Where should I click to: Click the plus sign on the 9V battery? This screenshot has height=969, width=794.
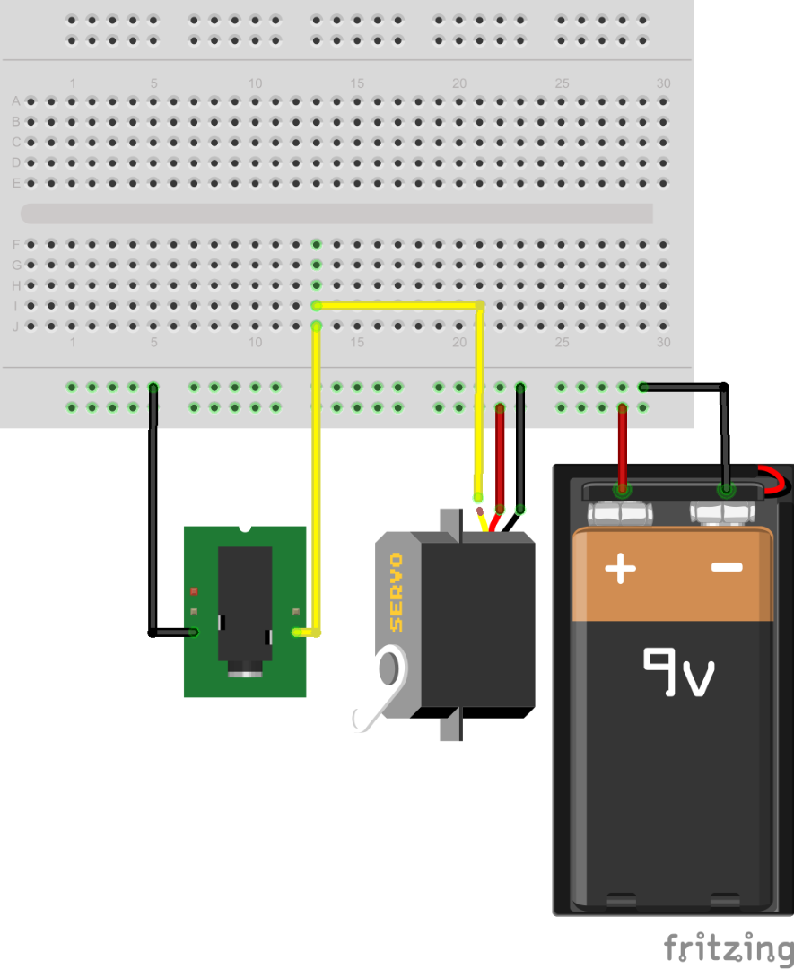click(x=620, y=568)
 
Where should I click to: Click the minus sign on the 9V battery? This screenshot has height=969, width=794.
click(x=727, y=566)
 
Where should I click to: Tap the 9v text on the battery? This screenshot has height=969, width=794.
click(x=678, y=673)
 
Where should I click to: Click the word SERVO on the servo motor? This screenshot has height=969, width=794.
click(x=396, y=591)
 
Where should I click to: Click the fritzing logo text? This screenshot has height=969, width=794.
click(x=728, y=947)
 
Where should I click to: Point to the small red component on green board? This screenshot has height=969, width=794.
click(x=194, y=591)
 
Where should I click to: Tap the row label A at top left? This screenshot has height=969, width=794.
click(x=15, y=101)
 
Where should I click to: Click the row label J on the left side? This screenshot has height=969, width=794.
click(x=15, y=327)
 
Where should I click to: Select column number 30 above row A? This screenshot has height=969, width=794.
click(x=663, y=83)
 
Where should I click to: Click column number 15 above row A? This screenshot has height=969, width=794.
click(x=357, y=83)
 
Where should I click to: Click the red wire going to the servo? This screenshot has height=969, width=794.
click(x=500, y=458)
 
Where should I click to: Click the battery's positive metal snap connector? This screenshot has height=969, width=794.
click(x=621, y=513)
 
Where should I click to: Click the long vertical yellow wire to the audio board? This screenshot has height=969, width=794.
click(x=316, y=476)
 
